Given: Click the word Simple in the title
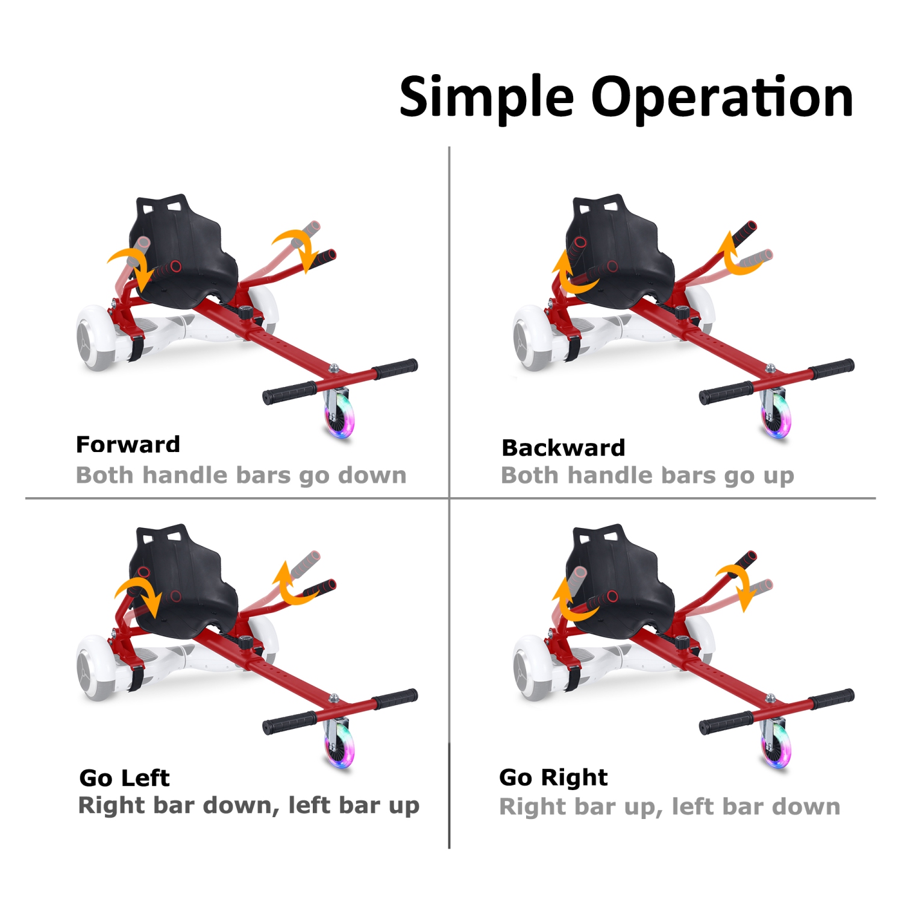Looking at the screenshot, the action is point(486,98).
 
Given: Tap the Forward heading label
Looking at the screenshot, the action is point(128,445).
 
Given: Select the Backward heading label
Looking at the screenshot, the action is point(563,448).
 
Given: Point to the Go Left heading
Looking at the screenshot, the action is point(125,778).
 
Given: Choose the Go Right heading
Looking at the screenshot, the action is point(553,778).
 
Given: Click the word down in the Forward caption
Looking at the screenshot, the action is point(372,476).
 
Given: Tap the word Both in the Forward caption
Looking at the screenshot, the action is point(104,476).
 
